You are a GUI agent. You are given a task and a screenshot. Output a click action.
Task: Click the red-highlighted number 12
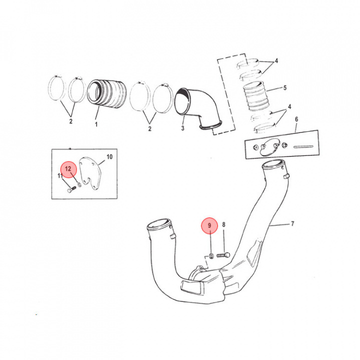pos(68,169)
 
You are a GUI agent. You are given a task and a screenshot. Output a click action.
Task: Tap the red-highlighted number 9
pos(209,225)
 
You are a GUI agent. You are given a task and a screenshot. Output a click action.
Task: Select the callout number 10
pos(109,157)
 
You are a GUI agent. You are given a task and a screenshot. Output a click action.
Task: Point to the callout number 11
pos(60,176)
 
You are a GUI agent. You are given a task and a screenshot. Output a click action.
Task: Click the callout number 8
pos(223,224)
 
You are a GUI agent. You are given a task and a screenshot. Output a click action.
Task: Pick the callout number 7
pos(292,223)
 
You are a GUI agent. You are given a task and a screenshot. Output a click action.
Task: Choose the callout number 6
pos(296,119)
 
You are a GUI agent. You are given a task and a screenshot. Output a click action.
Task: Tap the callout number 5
pos(285,87)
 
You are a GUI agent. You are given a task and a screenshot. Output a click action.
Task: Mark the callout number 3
pos(183,128)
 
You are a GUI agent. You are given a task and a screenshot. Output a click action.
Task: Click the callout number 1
pos(96,124)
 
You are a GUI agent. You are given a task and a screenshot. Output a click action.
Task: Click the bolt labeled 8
pos(223,255)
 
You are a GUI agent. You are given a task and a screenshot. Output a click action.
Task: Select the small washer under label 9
pos(211,255)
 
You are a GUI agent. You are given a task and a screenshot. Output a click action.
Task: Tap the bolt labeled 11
pos(71,190)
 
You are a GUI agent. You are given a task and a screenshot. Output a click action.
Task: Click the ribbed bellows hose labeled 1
pos(107,93)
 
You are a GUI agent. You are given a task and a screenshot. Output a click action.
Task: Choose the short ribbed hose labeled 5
pos(256,96)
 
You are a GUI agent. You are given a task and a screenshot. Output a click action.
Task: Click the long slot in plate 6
pos(303,146)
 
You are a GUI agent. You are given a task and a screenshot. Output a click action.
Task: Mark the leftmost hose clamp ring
pos(56,88)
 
